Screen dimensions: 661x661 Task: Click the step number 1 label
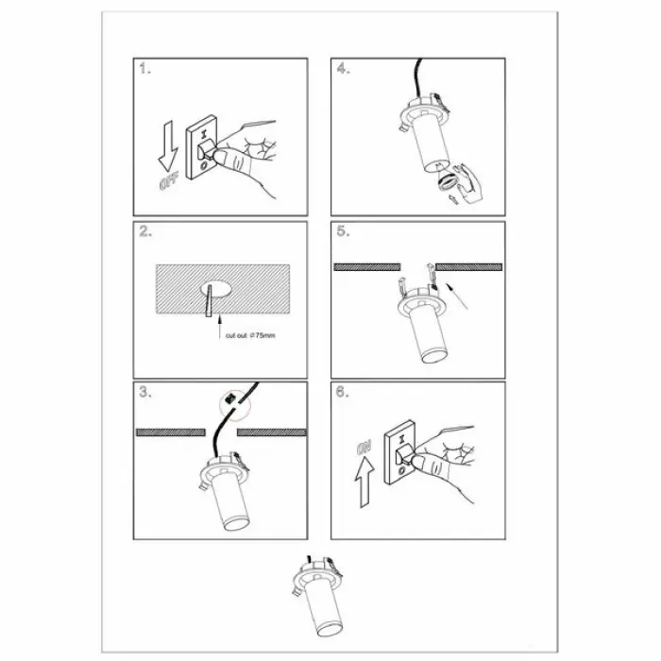[144, 69]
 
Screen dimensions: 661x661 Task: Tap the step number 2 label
[145, 231]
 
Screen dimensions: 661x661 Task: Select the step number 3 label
[145, 392]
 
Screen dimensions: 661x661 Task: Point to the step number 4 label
[343, 68]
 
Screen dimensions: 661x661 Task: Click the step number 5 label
[343, 231]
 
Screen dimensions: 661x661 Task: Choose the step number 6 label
[342, 392]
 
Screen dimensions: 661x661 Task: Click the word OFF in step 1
[169, 181]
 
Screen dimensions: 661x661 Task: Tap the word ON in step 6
[364, 448]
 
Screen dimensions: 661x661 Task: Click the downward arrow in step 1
[168, 145]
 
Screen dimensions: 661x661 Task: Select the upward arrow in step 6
[364, 483]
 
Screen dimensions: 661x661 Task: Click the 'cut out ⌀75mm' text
[250, 335]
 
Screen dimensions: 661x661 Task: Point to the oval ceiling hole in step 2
[215, 288]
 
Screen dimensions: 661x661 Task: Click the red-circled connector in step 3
[231, 398]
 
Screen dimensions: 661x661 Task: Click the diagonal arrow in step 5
[457, 297]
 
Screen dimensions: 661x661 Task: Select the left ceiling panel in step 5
[366, 267]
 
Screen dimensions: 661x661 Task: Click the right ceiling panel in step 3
[272, 432]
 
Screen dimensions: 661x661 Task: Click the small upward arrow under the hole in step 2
[219, 327]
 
